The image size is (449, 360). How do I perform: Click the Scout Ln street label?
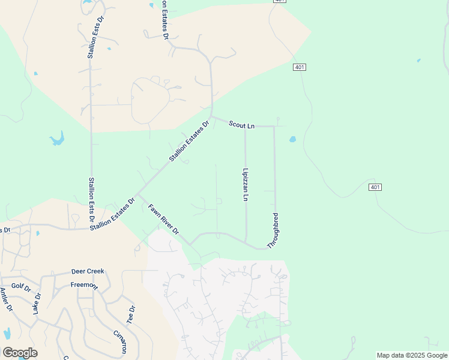click(242, 125)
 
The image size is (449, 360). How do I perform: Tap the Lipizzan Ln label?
click(246, 184)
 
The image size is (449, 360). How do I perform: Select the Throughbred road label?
click(276, 230)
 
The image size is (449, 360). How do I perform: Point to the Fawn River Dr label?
click(163, 220)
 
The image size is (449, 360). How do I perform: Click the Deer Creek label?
click(88, 271)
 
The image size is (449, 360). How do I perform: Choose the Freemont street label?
click(83, 285)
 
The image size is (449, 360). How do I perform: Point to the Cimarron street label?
click(120, 341)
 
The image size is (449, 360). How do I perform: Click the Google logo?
click(20, 352)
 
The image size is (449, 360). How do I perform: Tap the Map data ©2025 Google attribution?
click(412, 355)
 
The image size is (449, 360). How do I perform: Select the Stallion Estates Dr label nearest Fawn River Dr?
click(112, 214)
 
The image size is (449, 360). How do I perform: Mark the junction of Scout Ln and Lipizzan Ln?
click(245, 127)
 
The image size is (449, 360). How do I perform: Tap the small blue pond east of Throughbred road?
click(292, 139)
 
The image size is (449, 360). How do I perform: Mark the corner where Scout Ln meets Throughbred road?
click(274, 127)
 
